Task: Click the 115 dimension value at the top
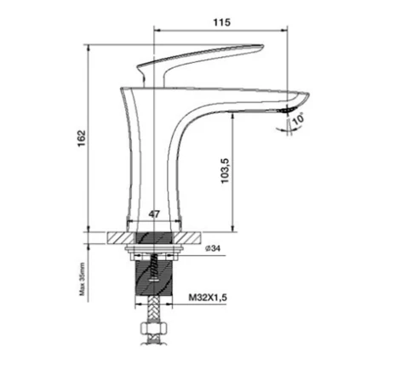pos(222,22)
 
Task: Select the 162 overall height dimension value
pos(82,138)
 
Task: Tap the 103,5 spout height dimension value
pos(225,170)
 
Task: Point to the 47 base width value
pos(154,214)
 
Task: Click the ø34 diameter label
pos(213,248)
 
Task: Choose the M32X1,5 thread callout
pos(208,298)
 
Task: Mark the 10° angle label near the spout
pos(298,118)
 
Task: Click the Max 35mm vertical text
pos(82,279)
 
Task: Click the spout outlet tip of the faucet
pos(287,110)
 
